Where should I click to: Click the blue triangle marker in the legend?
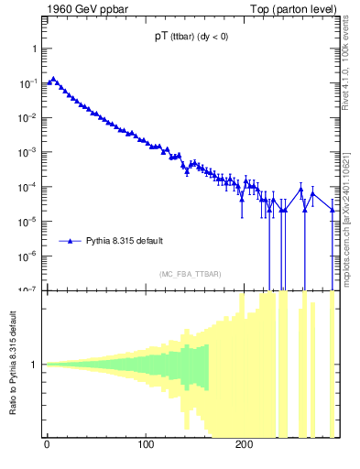(71, 241)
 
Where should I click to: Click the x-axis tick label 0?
(47, 444)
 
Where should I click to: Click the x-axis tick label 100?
(145, 444)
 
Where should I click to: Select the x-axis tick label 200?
(244, 444)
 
